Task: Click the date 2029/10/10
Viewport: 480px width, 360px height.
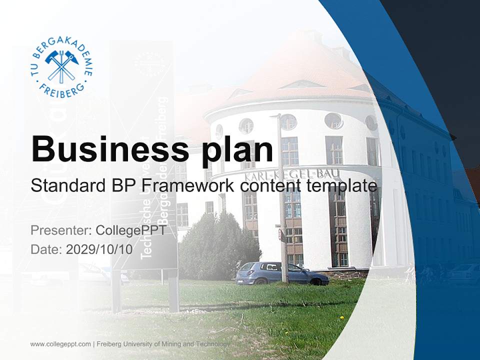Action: (x=99, y=249)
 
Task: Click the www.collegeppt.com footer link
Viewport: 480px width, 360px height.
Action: (x=60, y=344)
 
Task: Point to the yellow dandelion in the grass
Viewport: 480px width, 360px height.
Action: (x=342, y=317)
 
